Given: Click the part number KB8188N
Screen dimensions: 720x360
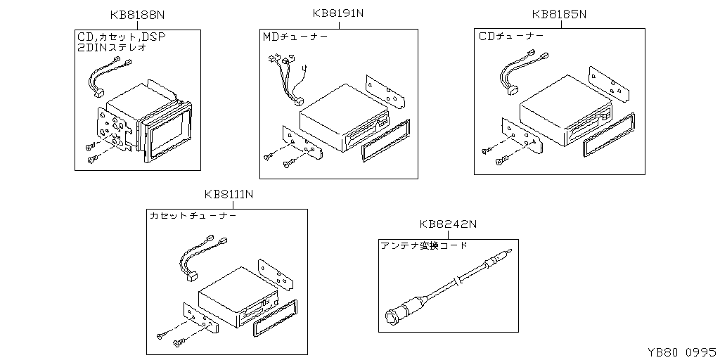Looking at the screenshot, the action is point(137,15).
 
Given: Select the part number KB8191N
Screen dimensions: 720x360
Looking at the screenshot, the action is point(338,13).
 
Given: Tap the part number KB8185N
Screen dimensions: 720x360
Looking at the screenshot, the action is point(559,14).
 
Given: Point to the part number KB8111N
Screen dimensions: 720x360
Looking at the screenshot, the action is point(229,194).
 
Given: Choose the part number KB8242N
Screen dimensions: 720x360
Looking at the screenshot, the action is point(448,224).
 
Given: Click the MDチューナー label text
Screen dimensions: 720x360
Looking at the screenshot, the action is point(295,37).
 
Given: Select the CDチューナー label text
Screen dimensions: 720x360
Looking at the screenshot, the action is point(511,36).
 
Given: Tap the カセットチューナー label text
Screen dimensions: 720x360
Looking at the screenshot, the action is point(193,215).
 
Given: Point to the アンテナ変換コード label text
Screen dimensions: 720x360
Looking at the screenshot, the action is point(424,245).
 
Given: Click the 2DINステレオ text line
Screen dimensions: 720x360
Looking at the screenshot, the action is point(112,47).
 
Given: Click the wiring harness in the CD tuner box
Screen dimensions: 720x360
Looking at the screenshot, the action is point(522,72).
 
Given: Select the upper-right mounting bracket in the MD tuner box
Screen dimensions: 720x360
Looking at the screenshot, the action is point(385,91).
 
